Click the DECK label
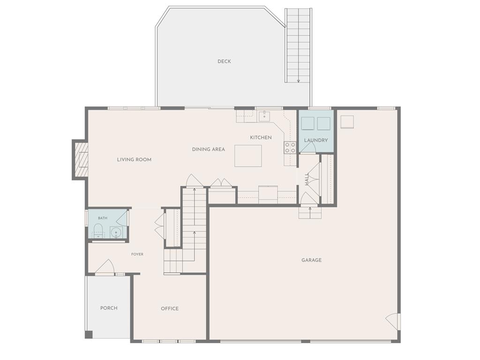pos(224,61)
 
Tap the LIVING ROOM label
pos(134,159)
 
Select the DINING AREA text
pos(209,150)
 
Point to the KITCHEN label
pos(261,137)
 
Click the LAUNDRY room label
pos(316,140)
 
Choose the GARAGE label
pos(312,260)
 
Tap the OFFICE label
pos(170,308)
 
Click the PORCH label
pos(109,308)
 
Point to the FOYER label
pos(137,254)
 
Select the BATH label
pos(103,218)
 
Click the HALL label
pos(307,180)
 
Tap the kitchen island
pos(248,156)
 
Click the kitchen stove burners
pos(290,148)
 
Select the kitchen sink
pos(264,116)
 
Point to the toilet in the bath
pos(98,231)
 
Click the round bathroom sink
pos(116,232)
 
